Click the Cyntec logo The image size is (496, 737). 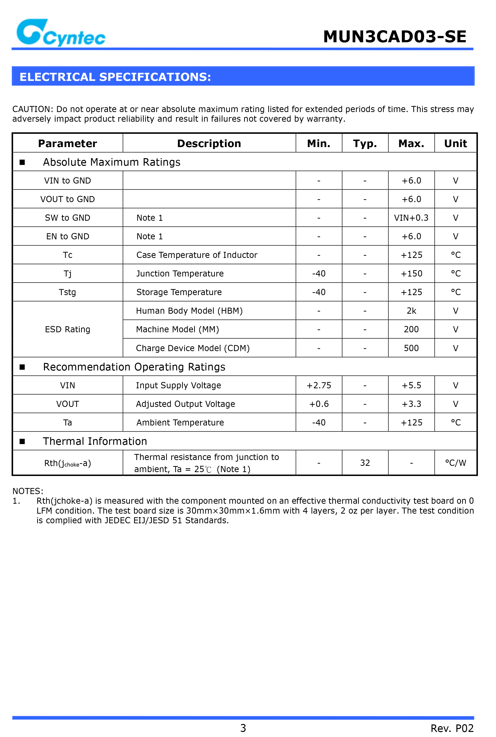click(x=61, y=33)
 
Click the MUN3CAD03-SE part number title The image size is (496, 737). click(x=395, y=37)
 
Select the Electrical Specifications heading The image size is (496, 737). click(x=115, y=77)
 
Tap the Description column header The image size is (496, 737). click(x=209, y=144)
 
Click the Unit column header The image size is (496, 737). click(x=455, y=144)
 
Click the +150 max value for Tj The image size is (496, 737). click(x=411, y=274)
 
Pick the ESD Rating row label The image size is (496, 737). click(x=67, y=330)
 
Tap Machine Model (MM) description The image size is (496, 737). click(x=177, y=330)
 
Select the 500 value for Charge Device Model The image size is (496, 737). click(x=411, y=348)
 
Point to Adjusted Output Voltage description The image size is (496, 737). click(x=185, y=404)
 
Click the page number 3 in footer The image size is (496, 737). click(x=243, y=728)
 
